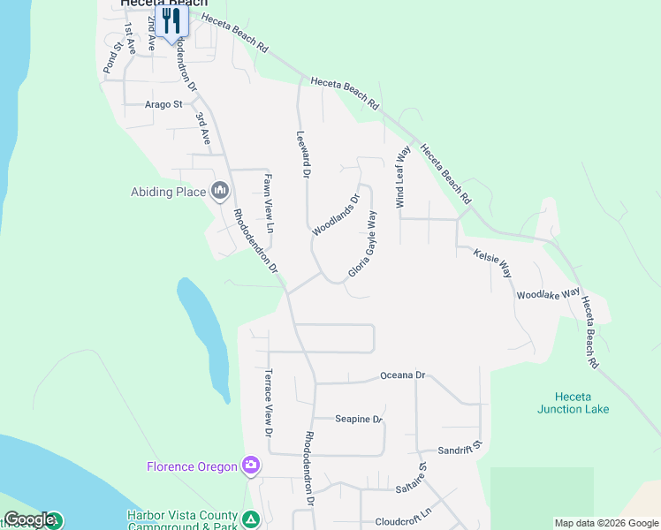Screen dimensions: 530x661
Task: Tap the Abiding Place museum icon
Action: tap(220, 191)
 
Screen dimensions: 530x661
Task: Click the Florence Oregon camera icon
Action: tap(252, 466)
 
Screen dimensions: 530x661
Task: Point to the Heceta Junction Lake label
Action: tap(573, 403)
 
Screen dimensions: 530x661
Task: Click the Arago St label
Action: tap(163, 104)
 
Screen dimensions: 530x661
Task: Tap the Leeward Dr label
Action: tap(303, 155)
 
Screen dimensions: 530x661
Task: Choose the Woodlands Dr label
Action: tap(337, 215)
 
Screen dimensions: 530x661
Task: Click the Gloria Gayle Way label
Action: tap(363, 245)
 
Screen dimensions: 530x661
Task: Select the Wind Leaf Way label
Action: tap(403, 178)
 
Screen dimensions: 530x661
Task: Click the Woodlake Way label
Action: tap(548, 292)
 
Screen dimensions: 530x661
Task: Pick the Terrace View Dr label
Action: tap(269, 403)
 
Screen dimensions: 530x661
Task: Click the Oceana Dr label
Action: tap(403, 375)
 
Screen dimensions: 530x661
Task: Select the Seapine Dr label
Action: tap(359, 420)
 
